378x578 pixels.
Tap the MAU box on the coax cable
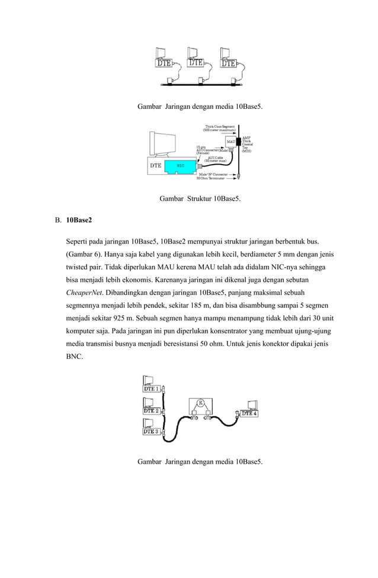coord(230,142)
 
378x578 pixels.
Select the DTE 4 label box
coord(249,414)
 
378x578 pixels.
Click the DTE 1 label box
coord(151,389)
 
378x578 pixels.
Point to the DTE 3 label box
coord(151,432)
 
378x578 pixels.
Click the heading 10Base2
coord(79,220)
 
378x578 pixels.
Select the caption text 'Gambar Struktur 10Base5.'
coord(200,199)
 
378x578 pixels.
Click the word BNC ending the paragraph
coord(75,358)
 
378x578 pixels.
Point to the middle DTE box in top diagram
coord(196,62)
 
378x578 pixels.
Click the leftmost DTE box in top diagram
coord(165,62)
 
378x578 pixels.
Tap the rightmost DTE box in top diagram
coord(229,63)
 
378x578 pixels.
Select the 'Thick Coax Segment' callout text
coord(220,126)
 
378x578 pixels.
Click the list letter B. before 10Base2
coord(58,220)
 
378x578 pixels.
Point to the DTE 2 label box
coord(151,410)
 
